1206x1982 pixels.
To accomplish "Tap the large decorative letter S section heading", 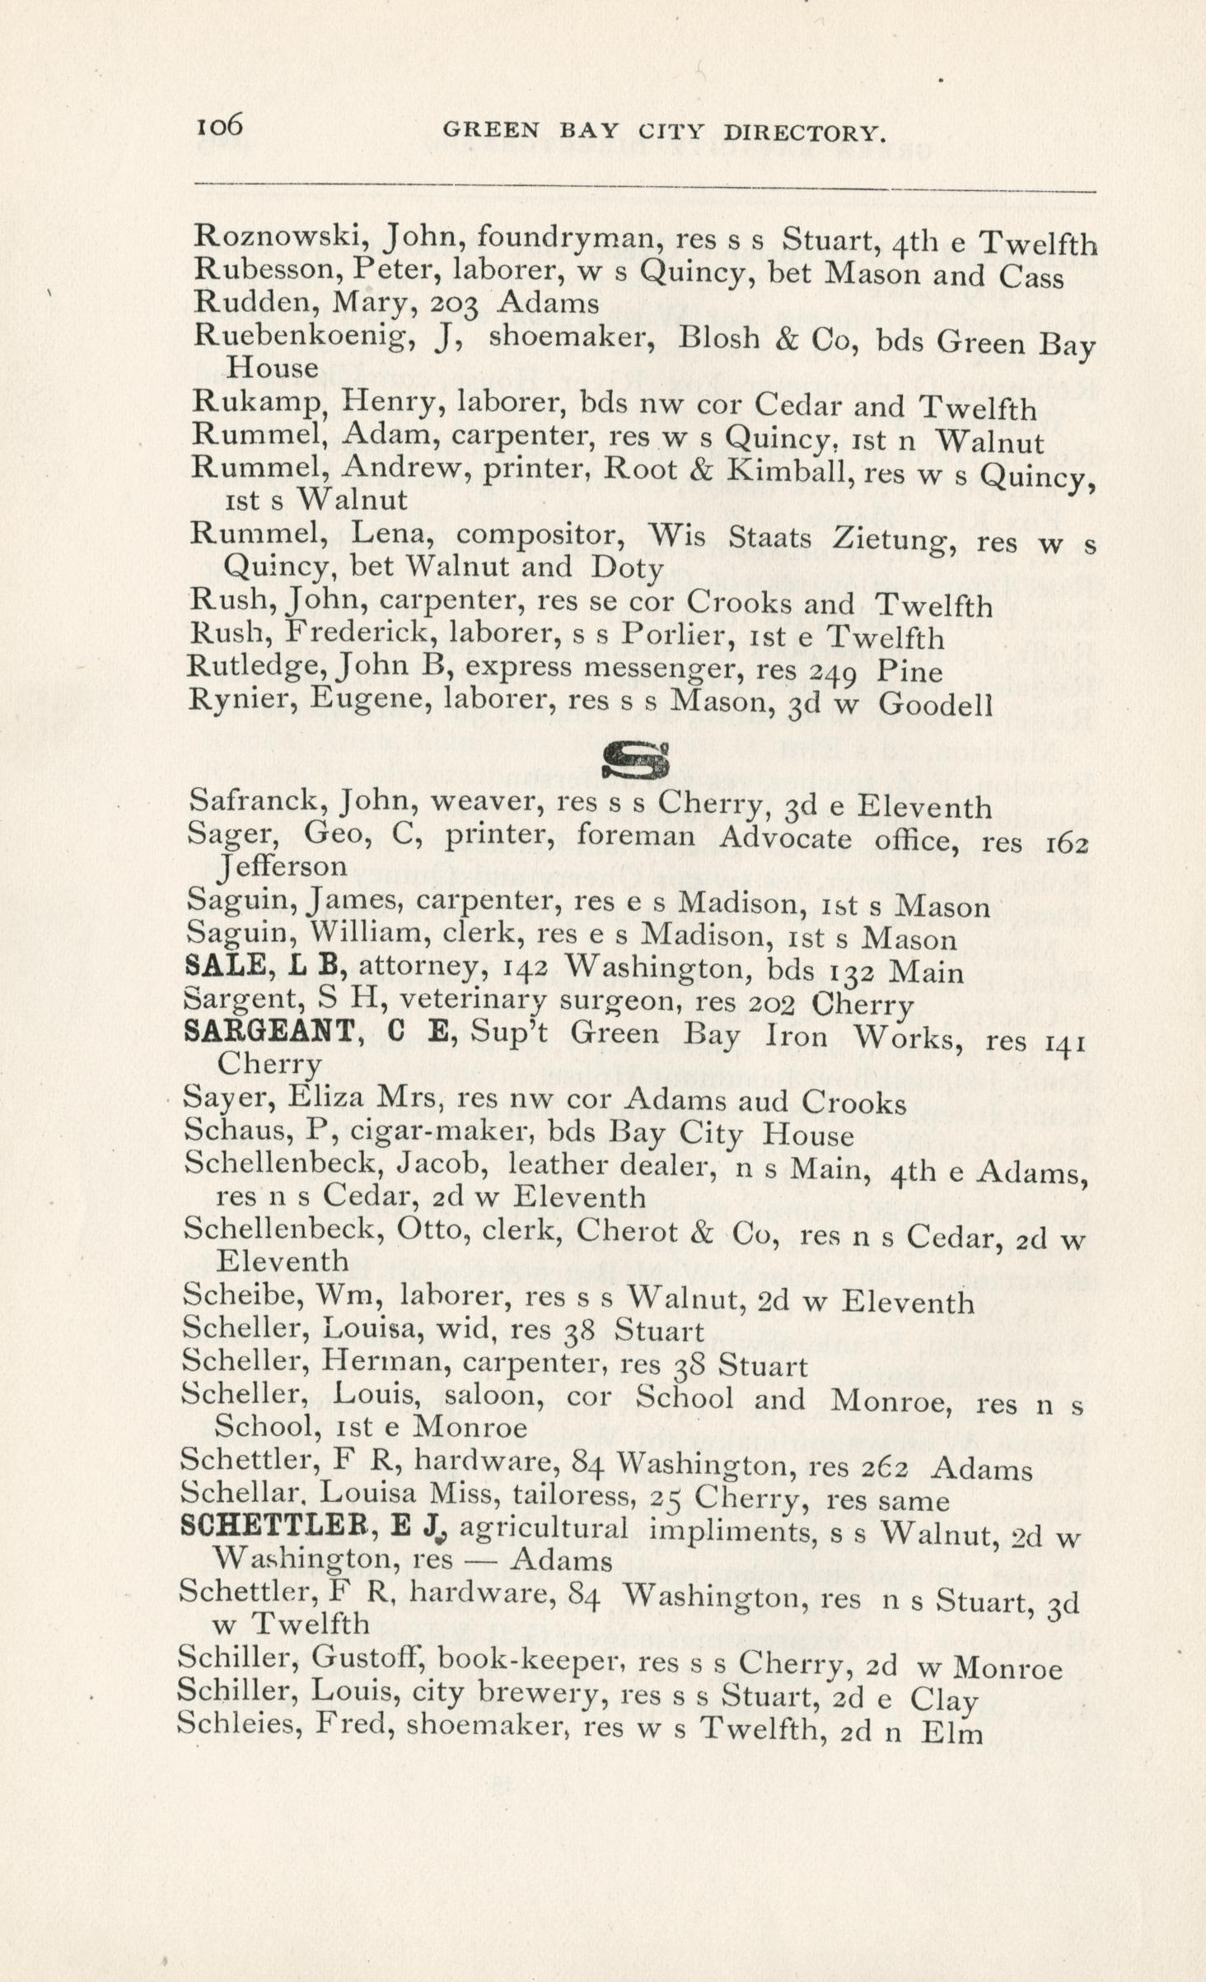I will [634, 761].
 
